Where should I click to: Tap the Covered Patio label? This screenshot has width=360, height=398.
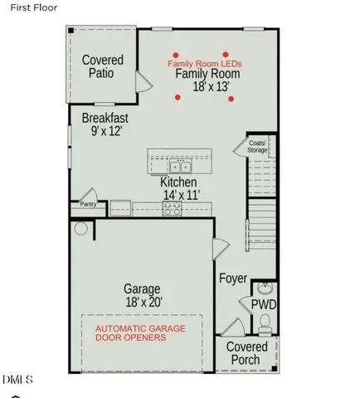click(103, 66)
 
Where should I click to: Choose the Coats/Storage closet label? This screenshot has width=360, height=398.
click(257, 146)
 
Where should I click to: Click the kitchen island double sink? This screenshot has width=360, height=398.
click(180, 167)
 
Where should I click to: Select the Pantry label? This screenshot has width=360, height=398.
click(88, 203)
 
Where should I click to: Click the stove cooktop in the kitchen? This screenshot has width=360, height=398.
click(173, 210)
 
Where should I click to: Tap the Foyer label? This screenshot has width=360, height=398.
click(233, 279)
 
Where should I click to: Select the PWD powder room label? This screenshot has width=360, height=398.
click(264, 305)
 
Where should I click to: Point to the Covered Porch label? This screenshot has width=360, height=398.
click(246, 353)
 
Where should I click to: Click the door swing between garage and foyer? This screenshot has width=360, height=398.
click(221, 247)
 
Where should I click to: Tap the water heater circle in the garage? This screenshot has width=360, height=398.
click(81, 228)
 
